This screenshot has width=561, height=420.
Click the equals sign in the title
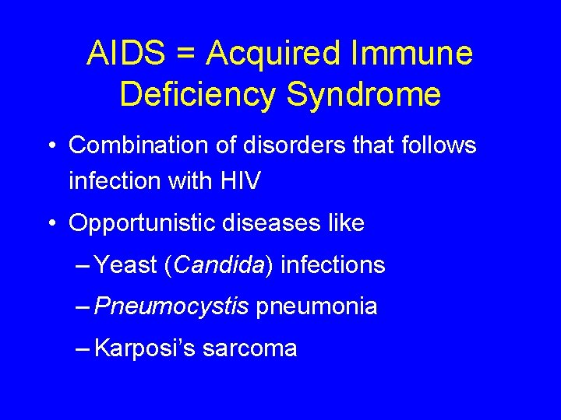point(189,54)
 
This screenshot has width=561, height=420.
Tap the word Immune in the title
point(412,54)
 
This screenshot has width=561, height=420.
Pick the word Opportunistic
point(142,224)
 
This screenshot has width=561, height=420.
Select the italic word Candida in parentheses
point(219,265)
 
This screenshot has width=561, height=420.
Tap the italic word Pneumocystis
point(171,306)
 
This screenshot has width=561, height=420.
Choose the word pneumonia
point(316,306)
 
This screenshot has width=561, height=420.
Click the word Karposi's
point(144,348)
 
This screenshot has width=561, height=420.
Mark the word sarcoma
point(249,348)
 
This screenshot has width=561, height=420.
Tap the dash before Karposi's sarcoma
point(83,348)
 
